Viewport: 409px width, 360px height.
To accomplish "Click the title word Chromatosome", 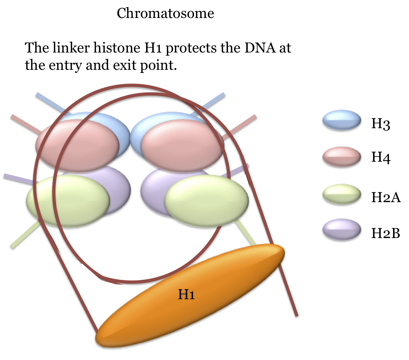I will pyautogui.click(x=165, y=13).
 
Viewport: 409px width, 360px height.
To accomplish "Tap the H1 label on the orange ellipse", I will pyautogui.click(x=186, y=294).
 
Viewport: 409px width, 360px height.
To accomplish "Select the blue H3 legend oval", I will pyautogui.click(x=342, y=121).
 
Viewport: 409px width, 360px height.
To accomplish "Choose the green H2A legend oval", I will pyautogui.click(x=342, y=194).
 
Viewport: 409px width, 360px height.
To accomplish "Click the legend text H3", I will pyautogui.click(x=381, y=123).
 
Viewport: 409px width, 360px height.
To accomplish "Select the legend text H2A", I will pyautogui.click(x=386, y=197).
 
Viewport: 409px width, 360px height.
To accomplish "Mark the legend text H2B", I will pyautogui.click(x=386, y=234).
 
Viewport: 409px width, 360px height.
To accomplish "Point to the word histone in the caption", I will pyautogui.click(x=117, y=48).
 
